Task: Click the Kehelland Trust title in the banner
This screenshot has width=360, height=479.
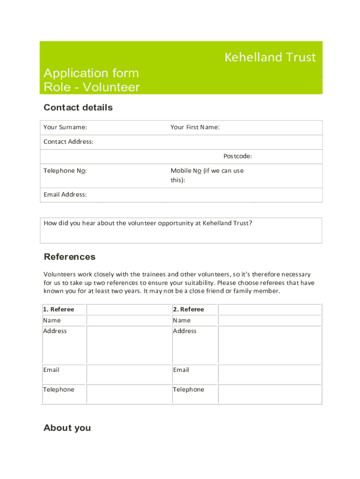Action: [x=270, y=58]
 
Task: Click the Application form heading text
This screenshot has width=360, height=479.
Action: [x=91, y=73]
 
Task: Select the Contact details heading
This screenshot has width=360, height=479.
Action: [x=78, y=108]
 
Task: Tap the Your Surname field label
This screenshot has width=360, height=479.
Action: [x=65, y=127]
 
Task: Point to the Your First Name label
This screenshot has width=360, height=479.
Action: [x=195, y=127]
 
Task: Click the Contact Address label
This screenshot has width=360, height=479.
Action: [x=68, y=142]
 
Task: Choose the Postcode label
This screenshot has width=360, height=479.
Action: [x=238, y=156]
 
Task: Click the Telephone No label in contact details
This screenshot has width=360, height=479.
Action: [x=65, y=171]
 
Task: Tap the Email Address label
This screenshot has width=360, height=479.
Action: [x=65, y=195]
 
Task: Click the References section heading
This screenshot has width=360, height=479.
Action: [x=69, y=257]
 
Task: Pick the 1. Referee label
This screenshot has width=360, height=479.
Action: [x=58, y=309]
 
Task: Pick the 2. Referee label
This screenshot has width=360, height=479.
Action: [x=188, y=309]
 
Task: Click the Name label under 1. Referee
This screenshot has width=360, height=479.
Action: [x=52, y=320]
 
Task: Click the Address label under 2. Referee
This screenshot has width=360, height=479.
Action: [x=185, y=331]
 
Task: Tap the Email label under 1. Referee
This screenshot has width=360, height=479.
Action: [x=51, y=370]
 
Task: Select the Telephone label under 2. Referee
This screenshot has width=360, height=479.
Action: [x=188, y=390]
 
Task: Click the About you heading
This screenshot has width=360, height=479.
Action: [x=67, y=428]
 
